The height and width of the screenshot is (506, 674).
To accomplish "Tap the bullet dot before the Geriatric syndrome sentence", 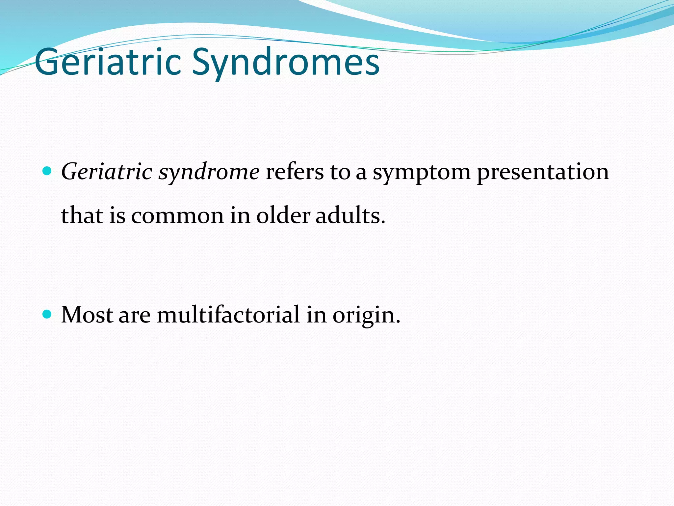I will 47,171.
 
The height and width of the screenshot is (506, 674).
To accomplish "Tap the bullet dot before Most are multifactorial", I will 47,314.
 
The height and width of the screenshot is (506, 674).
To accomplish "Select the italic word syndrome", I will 209,173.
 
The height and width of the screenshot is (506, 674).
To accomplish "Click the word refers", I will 294,172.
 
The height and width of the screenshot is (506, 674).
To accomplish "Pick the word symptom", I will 422,173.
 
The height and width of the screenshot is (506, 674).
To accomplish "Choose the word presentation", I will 543,173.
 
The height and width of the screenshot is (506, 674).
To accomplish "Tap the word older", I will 283,216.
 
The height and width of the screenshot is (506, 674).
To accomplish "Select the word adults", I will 350,216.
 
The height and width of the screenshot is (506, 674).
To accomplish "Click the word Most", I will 87,315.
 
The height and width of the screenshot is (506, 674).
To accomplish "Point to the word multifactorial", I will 228,315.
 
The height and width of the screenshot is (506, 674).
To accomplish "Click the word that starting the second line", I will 82,216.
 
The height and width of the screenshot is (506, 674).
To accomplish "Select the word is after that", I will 117,216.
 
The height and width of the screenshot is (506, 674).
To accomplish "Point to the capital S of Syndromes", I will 201,62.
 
